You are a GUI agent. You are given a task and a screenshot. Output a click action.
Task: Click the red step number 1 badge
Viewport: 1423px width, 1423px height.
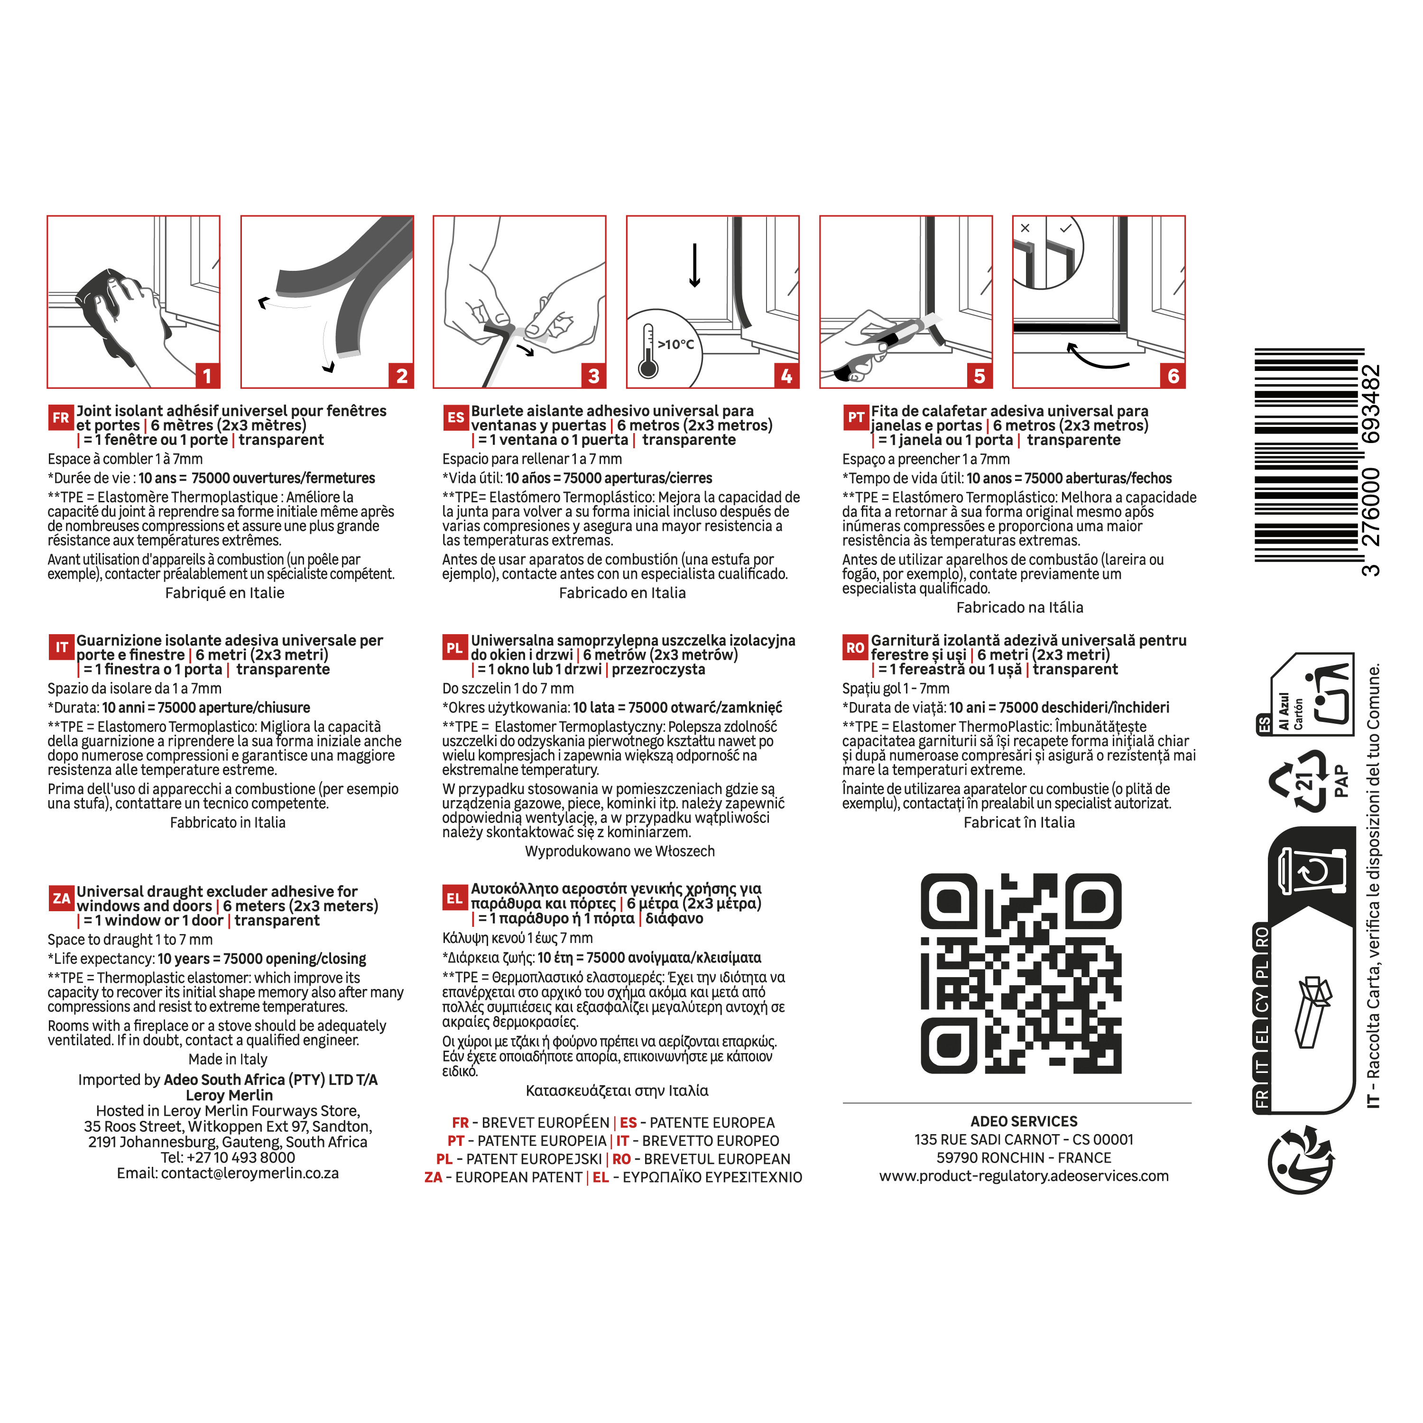pos(207,376)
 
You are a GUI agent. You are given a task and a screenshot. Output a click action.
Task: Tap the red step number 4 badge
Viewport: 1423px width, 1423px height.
pos(786,376)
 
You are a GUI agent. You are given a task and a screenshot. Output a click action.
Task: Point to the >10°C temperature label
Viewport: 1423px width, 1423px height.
pos(675,344)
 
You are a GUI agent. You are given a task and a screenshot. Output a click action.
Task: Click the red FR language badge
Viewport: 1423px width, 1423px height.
pos(60,417)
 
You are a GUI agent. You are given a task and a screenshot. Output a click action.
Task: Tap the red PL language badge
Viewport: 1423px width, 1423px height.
pos(454,647)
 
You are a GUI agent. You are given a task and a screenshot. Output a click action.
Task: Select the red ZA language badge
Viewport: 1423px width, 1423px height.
pos(61,898)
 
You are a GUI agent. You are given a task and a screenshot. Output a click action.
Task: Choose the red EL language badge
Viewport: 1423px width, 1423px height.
pos(454,898)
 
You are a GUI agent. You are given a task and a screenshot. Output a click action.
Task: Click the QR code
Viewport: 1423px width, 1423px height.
pos(1021,973)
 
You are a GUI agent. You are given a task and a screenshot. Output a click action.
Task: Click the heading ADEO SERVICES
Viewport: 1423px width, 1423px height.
pos(1024,1121)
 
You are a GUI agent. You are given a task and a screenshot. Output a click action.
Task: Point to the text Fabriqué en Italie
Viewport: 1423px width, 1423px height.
pos(225,593)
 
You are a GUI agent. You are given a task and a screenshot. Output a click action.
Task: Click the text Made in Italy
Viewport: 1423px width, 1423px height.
pos(228,1059)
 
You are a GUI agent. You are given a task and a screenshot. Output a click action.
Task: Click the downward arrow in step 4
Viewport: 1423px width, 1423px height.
pos(694,265)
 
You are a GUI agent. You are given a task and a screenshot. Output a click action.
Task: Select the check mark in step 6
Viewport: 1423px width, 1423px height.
pos(1065,228)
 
